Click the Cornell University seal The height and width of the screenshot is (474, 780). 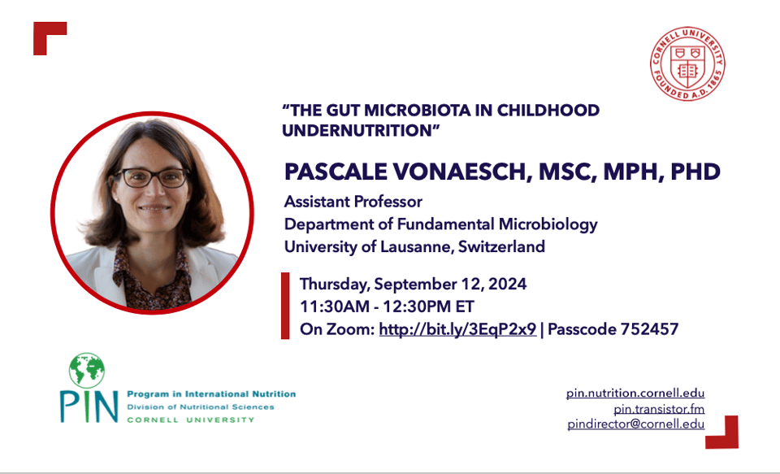pyautogui.click(x=687, y=63)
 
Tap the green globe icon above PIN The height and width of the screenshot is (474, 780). pyautogui.click(x=87, y=371)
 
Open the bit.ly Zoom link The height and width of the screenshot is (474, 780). pyautogui.click(x=457, y=329)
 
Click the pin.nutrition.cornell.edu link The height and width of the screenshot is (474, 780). pyautogui.click(x=635, y=393)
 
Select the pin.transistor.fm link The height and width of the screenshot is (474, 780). pyautogui.click(x=659, y=409)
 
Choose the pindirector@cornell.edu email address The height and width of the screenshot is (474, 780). pyautogui.click(x=636, y=424)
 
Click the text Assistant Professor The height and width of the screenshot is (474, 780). pyautogui.click(x=353, y=202)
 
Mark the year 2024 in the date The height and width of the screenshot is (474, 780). pyautogui.click(x=507, y=284)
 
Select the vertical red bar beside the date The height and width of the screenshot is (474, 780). pyautogui.click(x=285, y=306)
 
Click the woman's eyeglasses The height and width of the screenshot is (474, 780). pyautogui.click(x=152, y=178)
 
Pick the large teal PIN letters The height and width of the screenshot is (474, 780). pyautogui.click(x=89, y=407)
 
